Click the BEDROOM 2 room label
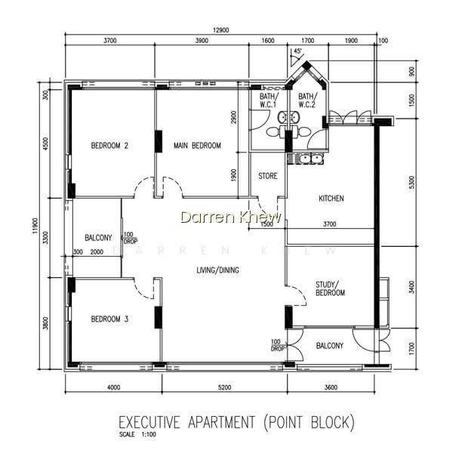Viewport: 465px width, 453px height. tap(109, 146)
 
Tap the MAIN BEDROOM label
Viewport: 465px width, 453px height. tap(197, 146)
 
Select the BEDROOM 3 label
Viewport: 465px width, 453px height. tap(109, 319)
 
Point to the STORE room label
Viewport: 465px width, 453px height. tap(268, 176)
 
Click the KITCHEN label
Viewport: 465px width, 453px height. tap(331, 199)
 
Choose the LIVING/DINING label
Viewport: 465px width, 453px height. tap(217, 270)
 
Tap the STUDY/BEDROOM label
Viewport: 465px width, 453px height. tap(330, 288)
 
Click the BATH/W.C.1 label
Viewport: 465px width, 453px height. tap(269, 100)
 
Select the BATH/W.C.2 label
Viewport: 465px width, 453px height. tap(307, 100)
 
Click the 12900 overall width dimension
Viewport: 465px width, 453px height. tap(221, 30)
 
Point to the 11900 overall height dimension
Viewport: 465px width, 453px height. tap(35, 226)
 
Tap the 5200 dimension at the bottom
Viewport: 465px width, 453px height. tap(224, 387)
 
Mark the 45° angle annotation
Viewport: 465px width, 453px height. tap(297, 51)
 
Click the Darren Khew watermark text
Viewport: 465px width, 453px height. tap(230, 217)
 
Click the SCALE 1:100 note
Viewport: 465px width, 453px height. tap(137, 435)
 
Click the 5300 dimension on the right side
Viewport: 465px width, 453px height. tap(411, 183)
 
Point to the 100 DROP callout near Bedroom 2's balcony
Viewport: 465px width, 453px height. tap(130, 239)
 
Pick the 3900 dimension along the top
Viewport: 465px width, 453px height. tap(202, 41)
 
